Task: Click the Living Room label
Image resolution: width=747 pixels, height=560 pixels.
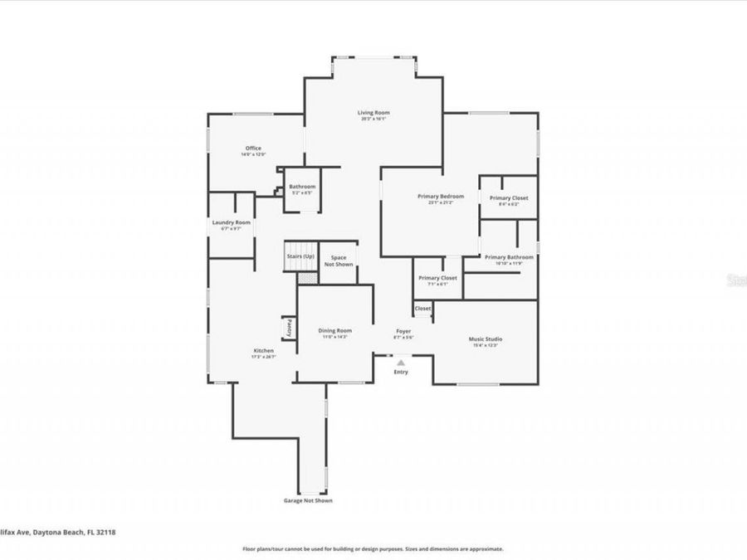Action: point(373,113)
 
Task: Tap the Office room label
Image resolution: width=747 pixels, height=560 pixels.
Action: point(252,149)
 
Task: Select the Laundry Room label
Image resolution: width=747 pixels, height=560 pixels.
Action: point(231,222)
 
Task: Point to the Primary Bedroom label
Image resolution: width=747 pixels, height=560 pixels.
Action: point(441,197)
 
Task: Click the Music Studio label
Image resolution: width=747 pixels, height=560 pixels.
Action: point(486,339)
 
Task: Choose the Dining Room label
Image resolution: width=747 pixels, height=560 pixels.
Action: point(335,331)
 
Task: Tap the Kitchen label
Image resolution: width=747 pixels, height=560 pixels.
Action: point(263,351)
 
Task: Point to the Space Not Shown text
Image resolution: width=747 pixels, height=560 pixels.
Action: point(338,261)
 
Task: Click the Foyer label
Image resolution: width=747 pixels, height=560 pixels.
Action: point(403,331)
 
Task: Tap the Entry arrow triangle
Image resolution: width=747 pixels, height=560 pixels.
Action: point(402,363)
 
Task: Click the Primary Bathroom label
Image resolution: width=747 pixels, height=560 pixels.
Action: point(509,257)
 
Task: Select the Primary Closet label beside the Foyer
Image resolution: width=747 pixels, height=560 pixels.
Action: point(437,278)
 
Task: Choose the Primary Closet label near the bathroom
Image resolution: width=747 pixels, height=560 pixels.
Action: point(508,198)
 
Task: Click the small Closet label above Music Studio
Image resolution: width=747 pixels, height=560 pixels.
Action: point(422,309)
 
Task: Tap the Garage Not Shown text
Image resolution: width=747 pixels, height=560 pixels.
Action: point(309,500)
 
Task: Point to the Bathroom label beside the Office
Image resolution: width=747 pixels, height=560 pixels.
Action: point(301,187)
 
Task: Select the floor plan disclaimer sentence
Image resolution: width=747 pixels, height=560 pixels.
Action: point(373,549)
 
